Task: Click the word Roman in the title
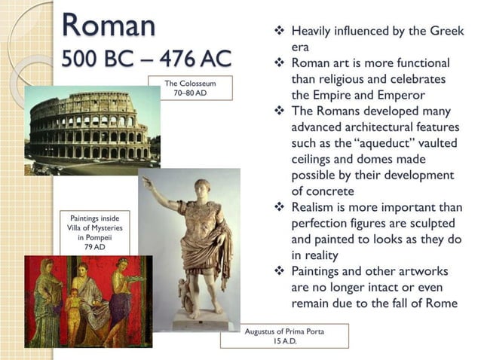pyautogui.click(x=109, y=24)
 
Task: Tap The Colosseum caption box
pyautogui.click(x=190, y=87)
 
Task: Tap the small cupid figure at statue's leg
pyautogui.click(x=181, y=290)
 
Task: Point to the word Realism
pyautogui.click(x=317, y=208)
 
